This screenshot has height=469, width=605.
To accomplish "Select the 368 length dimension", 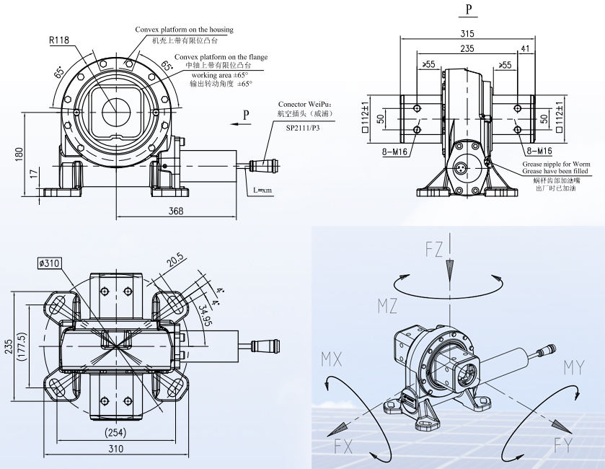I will pyautogui.click(x=176, y=211).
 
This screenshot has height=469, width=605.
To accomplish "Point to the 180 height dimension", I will pyautogui.click(x=19, y=153).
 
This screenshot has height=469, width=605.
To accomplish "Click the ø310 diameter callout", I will pyautogui.click(x=49, y=263).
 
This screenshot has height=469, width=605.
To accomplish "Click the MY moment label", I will pyautogui.click(x=573, y=368).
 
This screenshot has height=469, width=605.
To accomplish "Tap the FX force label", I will pyautogui.click(x=343, y=446).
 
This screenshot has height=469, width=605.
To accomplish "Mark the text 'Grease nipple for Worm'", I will pyautogui.click(x=556, y=165).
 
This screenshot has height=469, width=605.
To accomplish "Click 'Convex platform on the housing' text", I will pyautogui.click(x=184, y=30).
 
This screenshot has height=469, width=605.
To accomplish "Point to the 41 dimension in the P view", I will pyautogui.click(x=524, y=49).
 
